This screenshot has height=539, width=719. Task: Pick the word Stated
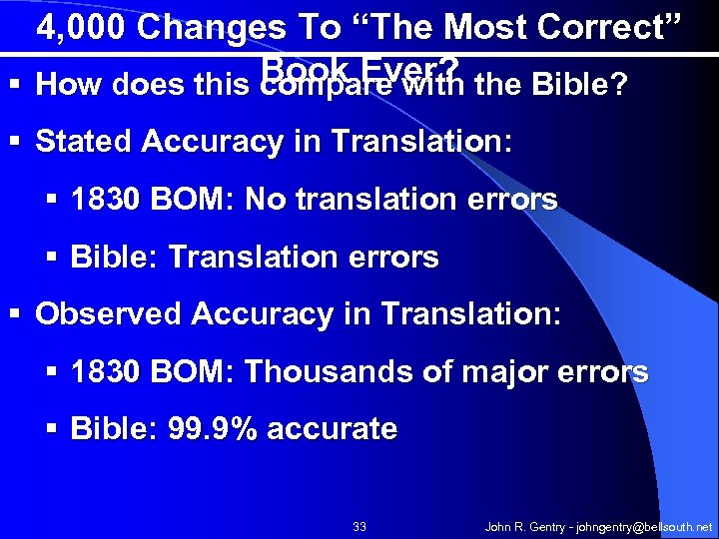pos(84,141)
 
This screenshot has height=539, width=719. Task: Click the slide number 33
pos(360,526)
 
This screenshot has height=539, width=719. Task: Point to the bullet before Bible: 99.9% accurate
pos(52,431)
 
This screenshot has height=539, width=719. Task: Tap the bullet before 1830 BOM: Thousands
pos(52,373)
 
